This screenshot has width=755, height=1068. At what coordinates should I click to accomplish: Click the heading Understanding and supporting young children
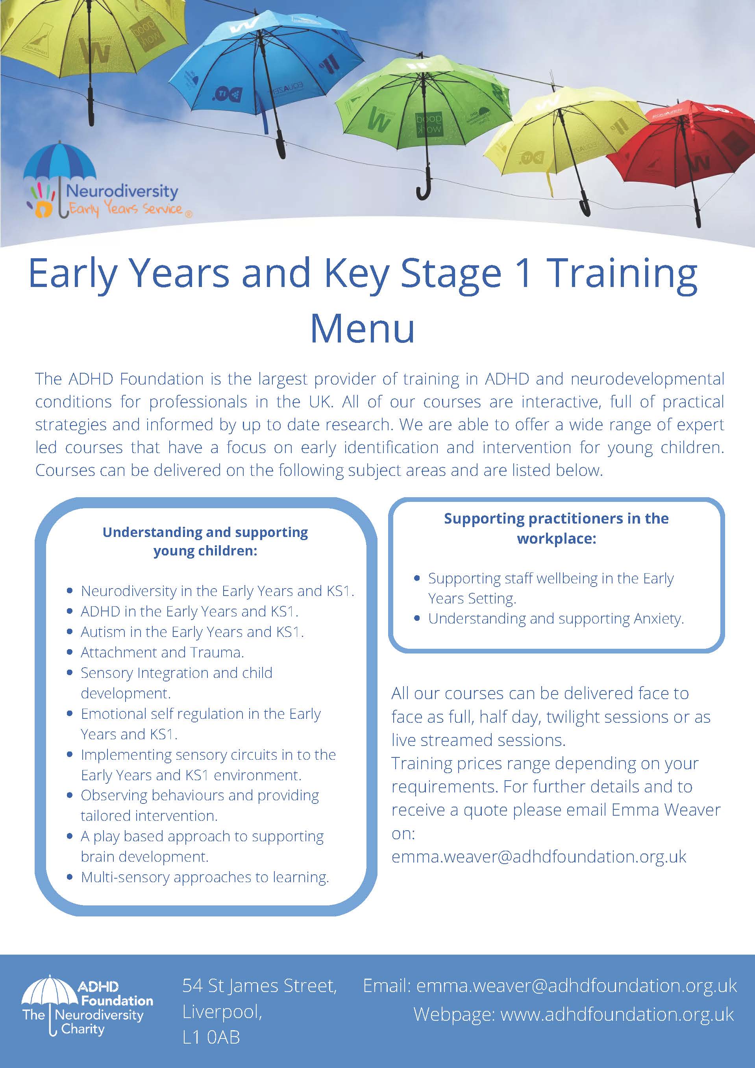coord(205,541)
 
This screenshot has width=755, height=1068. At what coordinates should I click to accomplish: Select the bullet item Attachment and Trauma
coord(162,652)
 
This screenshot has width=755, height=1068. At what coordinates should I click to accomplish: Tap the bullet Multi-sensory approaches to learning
coord(205,877)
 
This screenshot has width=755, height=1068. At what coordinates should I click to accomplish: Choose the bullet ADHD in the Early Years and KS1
coord(189,611)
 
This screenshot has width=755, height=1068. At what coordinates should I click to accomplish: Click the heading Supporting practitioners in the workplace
coord(556,528)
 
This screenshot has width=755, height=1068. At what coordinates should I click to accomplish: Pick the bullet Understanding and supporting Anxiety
coord(556,619)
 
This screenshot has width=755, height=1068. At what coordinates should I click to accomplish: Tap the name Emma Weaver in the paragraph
coord(666,810)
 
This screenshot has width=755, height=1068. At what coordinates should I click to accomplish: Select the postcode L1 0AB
coord(211,1037)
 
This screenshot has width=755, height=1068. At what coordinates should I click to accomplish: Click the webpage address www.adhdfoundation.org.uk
coord(617,1014)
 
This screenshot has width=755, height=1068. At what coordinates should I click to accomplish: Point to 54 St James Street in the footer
coord(259,986)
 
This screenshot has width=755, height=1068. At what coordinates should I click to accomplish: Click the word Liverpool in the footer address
coord(222,1012)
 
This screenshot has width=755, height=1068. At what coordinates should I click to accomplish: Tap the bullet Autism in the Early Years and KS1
coord(192,632)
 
